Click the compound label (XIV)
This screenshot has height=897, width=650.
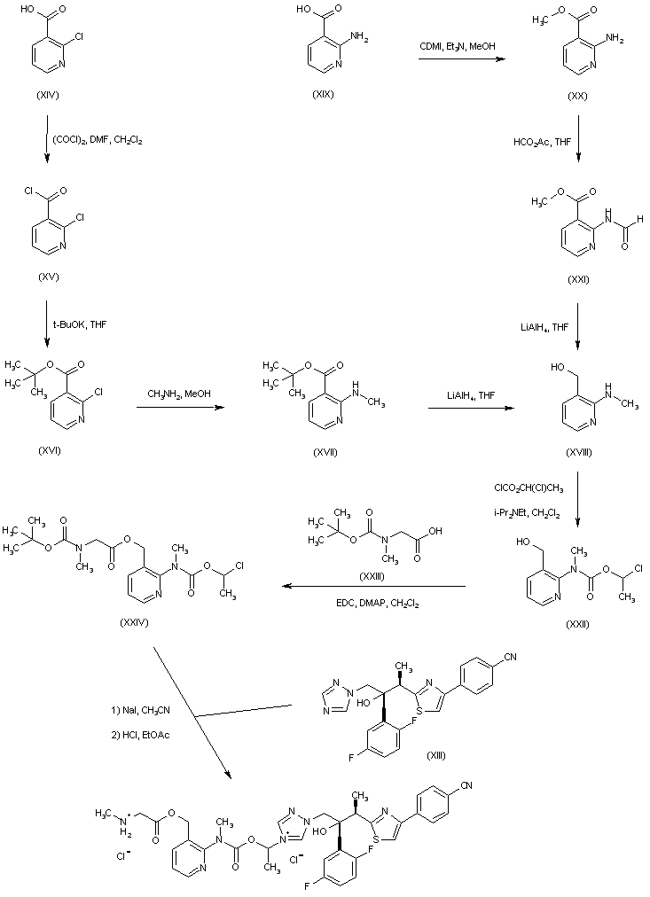[x=48, y=96]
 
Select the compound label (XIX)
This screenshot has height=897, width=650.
[x=323, y=94]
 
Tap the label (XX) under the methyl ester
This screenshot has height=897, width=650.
[x=576, y=96]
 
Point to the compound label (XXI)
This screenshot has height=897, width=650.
[x=577, y=279]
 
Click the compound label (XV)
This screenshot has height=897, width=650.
[x=48, y=277]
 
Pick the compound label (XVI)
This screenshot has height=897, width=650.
[x=49, y=451]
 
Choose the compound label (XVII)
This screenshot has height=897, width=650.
[x=325, y=453]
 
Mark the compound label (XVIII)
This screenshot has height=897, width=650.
[x=578, y=453]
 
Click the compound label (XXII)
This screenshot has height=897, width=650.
[x=576, y=623]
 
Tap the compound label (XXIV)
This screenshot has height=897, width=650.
[x=134, y=622]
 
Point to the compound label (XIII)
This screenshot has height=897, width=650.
[x=436, y=756]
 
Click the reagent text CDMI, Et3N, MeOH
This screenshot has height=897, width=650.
[x=458, y=46]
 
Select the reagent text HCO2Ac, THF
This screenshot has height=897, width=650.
[x=542, y=142]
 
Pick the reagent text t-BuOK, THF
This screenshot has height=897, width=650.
[x=83, y=324]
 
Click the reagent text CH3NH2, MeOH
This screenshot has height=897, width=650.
[x=179, y=394]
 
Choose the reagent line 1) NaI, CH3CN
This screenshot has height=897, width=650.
[x=140, y=711]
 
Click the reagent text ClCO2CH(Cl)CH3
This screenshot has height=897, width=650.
[x=529, y=488]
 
